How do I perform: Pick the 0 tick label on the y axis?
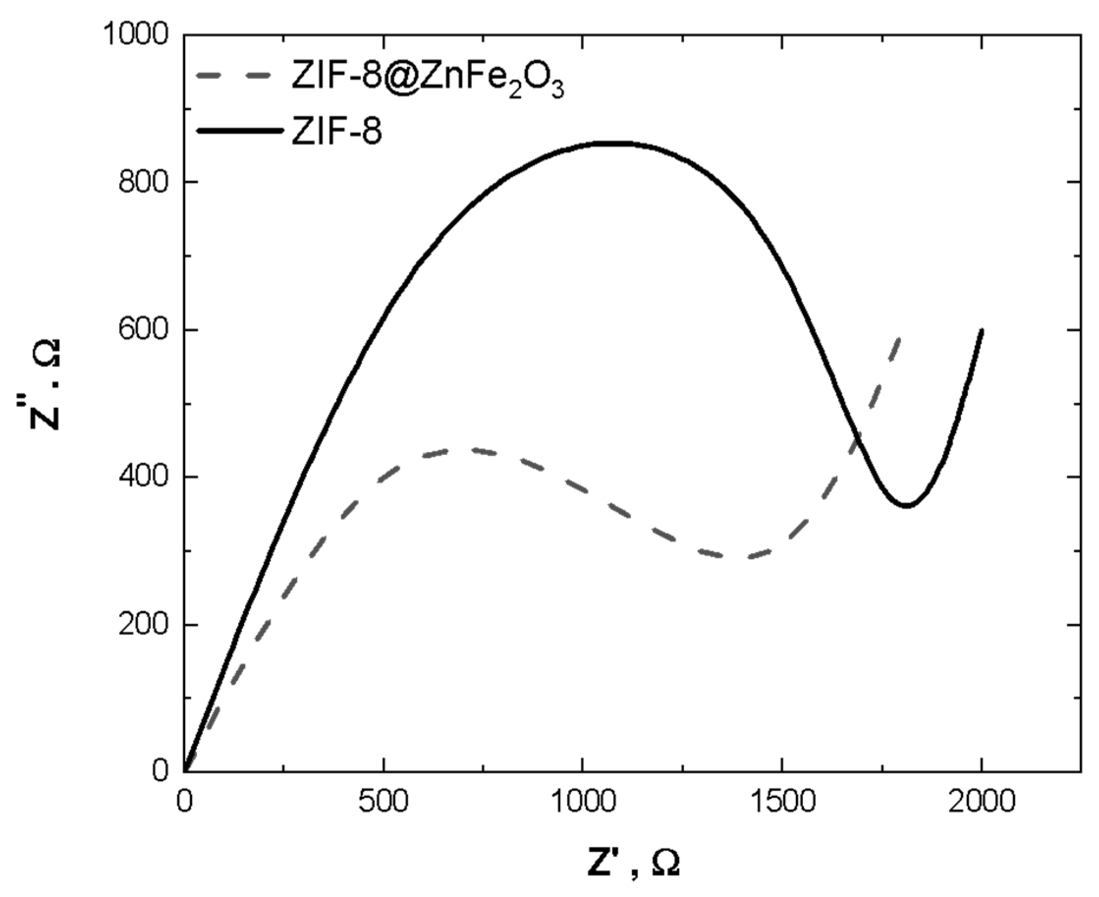(x=161, y=771)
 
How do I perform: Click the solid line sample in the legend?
(x=240, y=130)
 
